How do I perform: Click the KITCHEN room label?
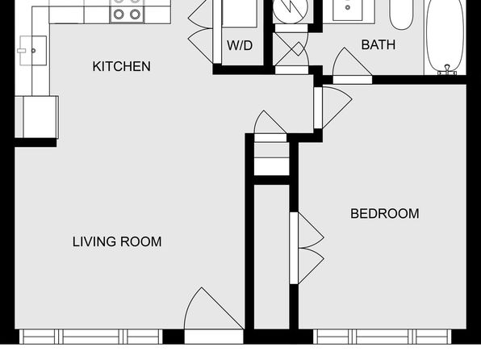122,66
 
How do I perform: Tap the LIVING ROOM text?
117,241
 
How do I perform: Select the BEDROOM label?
385,214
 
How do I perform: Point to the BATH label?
379,45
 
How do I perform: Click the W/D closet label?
240,45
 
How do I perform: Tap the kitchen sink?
33,51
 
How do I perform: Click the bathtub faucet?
447,70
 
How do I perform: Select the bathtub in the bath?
445,37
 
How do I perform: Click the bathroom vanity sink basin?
348,9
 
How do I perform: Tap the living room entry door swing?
214,308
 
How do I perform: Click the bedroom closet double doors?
307,248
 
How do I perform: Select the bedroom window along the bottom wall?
383,337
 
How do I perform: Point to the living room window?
91,337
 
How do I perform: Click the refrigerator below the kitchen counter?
37,117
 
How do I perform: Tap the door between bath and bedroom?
352,66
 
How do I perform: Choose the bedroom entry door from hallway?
333,107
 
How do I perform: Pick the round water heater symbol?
291,10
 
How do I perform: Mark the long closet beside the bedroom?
272,257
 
